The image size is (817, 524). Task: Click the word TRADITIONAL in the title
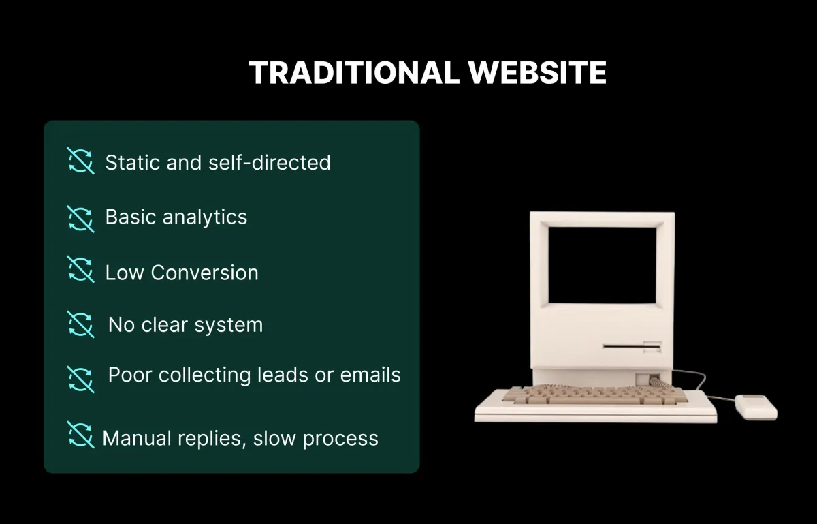coord(354,73)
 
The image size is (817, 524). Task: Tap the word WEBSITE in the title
coord(538,73)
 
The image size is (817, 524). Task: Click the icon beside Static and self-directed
coord(80,161)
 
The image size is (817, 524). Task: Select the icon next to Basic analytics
coord(80,219)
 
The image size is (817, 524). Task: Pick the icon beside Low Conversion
coord(80,269)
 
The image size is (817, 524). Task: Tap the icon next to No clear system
coord(80,324)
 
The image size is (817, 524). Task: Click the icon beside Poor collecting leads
coord(80,380)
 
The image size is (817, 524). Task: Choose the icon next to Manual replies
coord(80,435)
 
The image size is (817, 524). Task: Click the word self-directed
coord(270,162)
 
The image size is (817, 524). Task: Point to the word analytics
coord(205,217)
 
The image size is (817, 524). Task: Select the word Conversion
coord(205,273)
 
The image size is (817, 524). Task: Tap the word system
coord(229,325)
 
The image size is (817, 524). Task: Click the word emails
coord(370,375)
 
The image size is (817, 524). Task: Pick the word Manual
coord(137,438)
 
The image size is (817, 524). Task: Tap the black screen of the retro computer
coord(602,265)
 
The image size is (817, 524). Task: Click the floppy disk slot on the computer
coord(631,346)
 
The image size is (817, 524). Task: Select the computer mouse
coord(756,407)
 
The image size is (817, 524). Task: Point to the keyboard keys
coord(594,395)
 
